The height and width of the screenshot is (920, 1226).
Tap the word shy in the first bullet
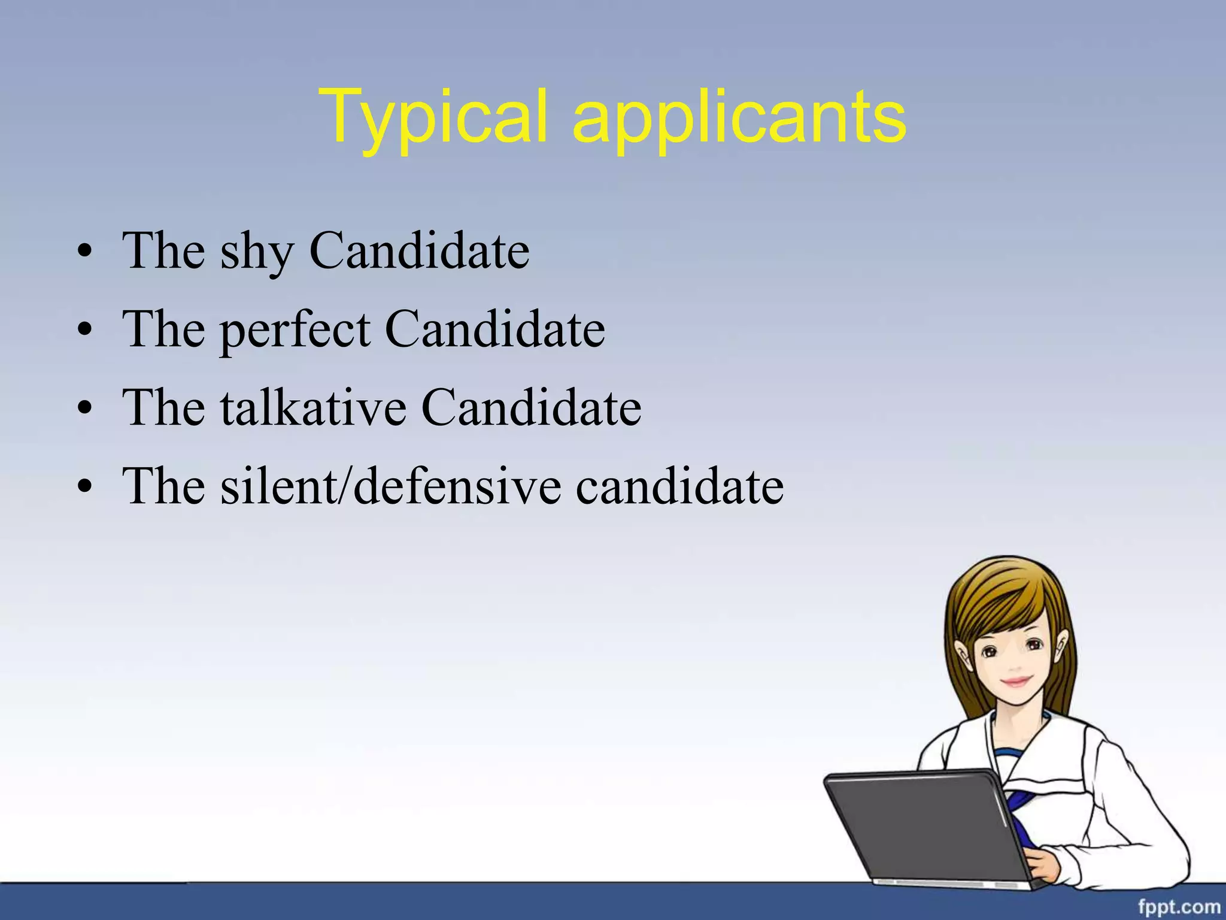pyautogui.click(x=257, y=252)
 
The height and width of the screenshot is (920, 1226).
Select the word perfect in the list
pyautogui.click(x=295, y=331)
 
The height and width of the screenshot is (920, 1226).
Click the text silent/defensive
pyautogui.click(x=391, y=486)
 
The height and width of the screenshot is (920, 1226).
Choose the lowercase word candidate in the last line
pyautogui.click(x=679, y=486)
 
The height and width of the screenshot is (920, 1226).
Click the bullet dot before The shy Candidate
pyautogui.click(x=85, y=252)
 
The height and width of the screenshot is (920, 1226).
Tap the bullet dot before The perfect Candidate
pyautogui.click(x=85, y=330)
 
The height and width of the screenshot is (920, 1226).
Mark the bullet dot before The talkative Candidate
pyautogui.click(x=85, y=408)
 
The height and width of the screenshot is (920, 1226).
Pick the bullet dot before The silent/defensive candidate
pyautogui.click(x=85, y=487)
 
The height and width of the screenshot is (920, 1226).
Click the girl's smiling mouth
pyautogui.click(x=1016, y=681)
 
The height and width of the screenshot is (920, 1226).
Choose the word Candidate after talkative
pyautogui.click(x=531, y=408)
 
